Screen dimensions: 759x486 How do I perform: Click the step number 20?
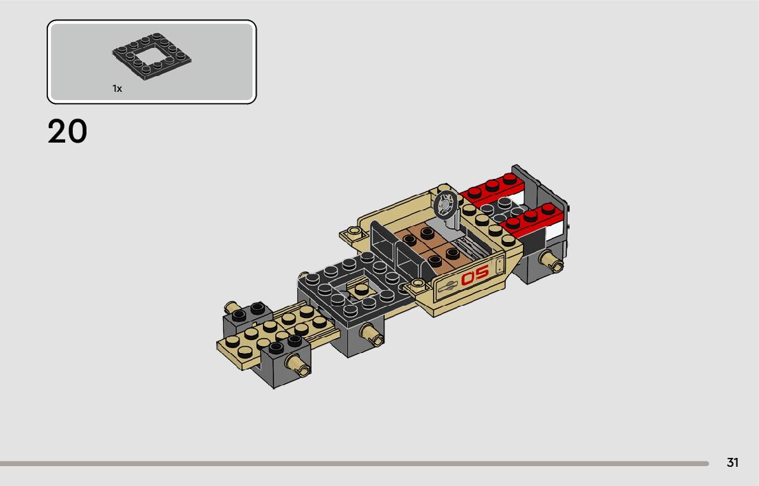point(67,131)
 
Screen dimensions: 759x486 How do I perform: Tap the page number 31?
point(732,463)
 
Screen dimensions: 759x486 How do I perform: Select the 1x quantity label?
point(117,88)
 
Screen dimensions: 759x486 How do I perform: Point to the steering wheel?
point(445,204)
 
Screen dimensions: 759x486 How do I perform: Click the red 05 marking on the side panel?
point(474,277)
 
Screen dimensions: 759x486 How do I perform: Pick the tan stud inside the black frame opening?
point(360,289)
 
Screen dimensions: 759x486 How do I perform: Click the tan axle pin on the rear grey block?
point(551,260)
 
